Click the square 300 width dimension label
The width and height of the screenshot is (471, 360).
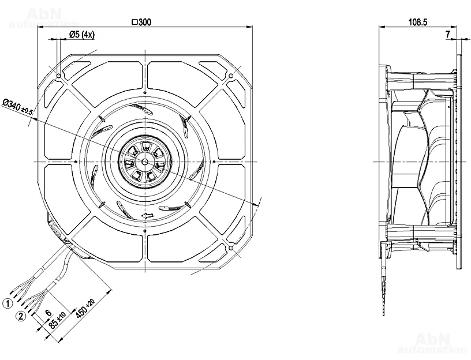(x=141, y=22)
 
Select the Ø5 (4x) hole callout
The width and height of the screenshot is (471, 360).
(x=81, y=35)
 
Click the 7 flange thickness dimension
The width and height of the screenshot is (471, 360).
(x=448, y=35)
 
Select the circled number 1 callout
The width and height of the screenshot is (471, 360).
(x=9, y=302)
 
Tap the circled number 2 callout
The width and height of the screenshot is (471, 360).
(x=21, y=316)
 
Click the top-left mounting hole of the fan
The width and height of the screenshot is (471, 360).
(x=59, y=76)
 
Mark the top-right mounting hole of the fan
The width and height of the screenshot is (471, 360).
(x=231, y=76)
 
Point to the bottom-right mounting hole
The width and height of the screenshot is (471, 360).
(x=231, y=248)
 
